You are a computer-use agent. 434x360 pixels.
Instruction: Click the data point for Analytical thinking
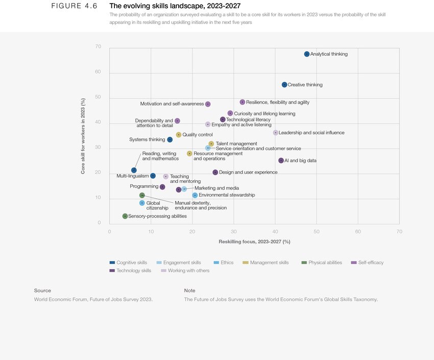pyautogui.click(x=307, y=54)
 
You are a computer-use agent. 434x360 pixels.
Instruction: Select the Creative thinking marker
pyautogui.click(x=284, y=85)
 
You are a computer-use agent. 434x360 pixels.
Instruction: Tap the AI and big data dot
pyautogui.click(x=281, y=160)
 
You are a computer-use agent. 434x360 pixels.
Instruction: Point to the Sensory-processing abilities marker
pyautogui.click(x=125, y=216)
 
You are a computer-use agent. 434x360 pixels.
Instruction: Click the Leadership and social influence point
pyautogui.click(x=276, y=133)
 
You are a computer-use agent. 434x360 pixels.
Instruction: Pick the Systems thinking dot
pyautogui.click(x=170, y=139)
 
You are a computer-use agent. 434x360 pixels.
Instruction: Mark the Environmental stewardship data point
pyautogui.click(x=195, y=195)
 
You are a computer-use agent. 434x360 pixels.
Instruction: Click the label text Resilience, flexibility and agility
pyautogui.click(x=277, y=102)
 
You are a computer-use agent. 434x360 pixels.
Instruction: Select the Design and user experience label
pyautogui.click(x=248, y=173)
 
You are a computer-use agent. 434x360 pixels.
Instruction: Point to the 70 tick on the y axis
pyautogui.click(x=98, y=47)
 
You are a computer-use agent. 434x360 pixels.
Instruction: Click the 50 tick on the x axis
pyautogui.click(x=317, y=231)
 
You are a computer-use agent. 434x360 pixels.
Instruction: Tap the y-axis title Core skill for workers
pyautogui.click(x=83, y=135)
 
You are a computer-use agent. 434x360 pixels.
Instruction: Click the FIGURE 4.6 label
pyautogui.click(x=74, y=6)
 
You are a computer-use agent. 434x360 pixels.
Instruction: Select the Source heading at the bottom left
pyautogui.click(x=42, y=291)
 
